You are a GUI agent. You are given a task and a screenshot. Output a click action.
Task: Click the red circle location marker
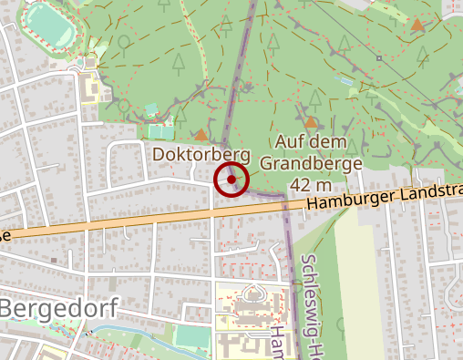(231, 180)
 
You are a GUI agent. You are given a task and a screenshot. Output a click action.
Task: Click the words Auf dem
(303, 142)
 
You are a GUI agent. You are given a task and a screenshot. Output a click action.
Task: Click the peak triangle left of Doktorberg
(201, 134)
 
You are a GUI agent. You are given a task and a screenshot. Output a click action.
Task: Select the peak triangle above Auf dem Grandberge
(311, 121)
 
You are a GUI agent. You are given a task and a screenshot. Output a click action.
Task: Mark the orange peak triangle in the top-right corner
(417, 26)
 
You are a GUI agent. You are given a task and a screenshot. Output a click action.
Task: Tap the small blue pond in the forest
(345, 80)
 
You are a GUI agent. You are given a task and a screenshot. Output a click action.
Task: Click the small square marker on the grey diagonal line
(378, 57)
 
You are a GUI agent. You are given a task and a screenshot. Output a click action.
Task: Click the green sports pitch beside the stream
(191, 335)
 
